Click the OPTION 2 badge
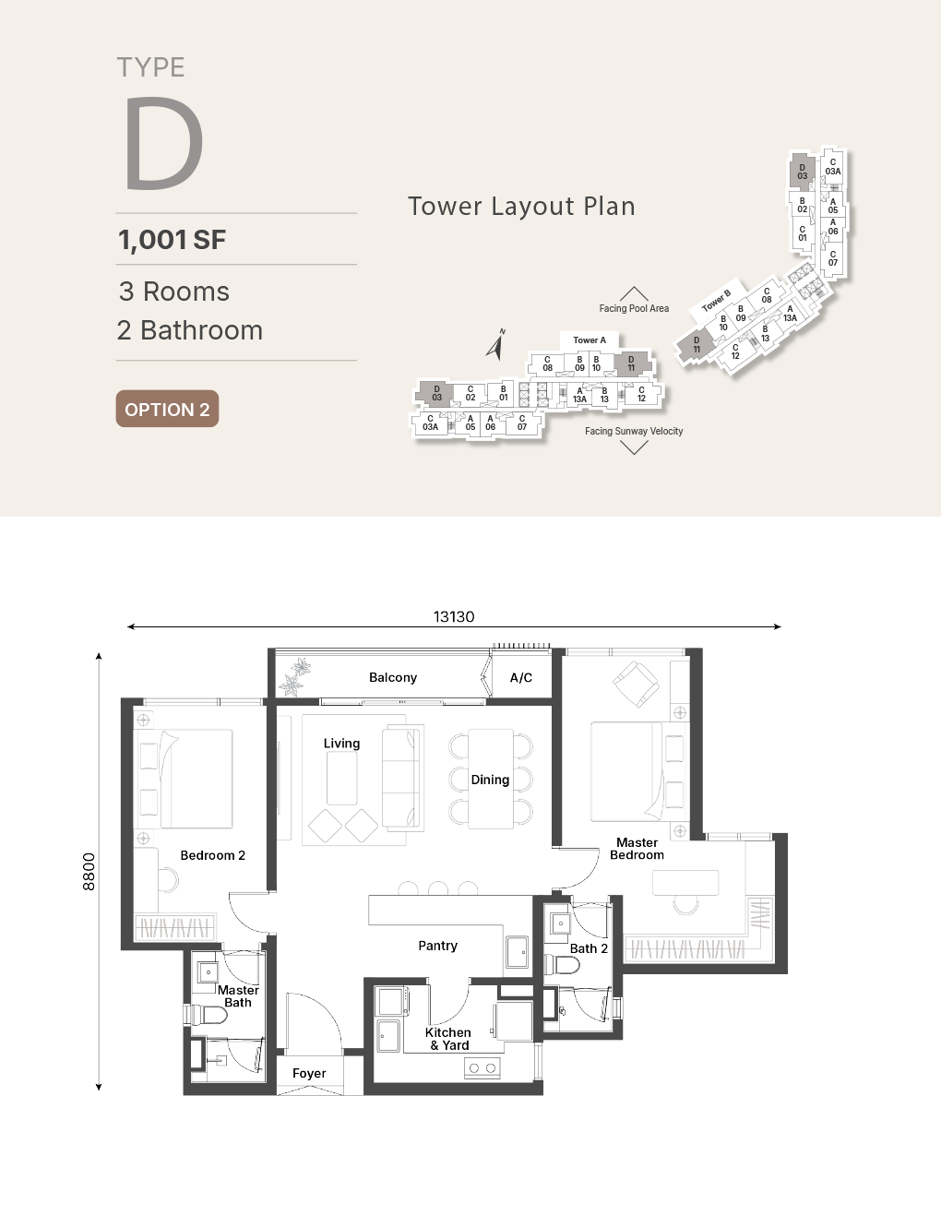(167, 409)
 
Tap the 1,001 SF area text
(172, 240)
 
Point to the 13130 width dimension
(454, 616)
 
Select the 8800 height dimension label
(89, 872)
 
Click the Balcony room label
(393, 677)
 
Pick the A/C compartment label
(521, 677)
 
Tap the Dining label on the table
(490, 780)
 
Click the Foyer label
(309, 1073)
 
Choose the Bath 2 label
(589, 948)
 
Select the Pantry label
(437, 946)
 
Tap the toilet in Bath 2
(562, 965)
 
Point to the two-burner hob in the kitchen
(482, 1067)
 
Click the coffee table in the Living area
(341, 778)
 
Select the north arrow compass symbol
(495, 344)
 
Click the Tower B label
(716, 301)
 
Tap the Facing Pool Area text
(634, 308)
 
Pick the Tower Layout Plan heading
(521, 206)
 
